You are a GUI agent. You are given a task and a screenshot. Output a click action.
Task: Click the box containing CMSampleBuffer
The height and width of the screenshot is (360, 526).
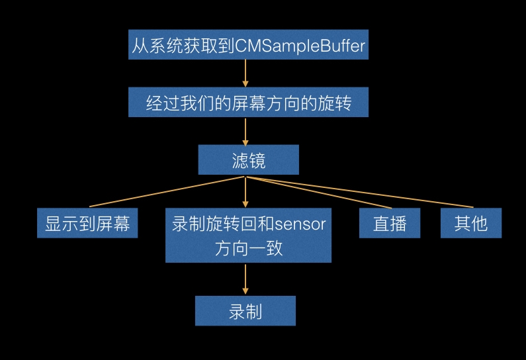248,44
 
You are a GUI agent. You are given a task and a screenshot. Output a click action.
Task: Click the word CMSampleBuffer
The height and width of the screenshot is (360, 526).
300,45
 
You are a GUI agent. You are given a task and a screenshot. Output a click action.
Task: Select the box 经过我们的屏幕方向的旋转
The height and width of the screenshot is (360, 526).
248,103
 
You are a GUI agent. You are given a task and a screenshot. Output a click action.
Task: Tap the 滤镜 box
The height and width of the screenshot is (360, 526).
249,159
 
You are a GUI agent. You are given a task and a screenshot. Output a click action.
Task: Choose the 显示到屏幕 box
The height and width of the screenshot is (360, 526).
87,223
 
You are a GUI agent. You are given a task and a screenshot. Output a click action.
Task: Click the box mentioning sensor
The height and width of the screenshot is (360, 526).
248,235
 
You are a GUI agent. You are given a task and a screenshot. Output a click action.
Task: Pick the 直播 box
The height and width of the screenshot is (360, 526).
390,223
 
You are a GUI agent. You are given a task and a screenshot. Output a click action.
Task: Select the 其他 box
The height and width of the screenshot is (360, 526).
471,223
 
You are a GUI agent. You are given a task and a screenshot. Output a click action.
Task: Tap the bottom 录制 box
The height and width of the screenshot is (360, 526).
245,310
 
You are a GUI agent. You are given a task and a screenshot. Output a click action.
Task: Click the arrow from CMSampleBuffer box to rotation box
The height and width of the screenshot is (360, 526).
245,73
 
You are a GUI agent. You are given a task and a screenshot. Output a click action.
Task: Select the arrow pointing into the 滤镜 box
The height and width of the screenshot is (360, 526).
245,132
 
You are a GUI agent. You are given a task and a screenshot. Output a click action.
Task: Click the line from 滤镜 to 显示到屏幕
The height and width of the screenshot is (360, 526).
167,191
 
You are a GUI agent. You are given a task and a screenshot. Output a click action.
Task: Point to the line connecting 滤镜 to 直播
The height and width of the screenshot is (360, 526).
319,193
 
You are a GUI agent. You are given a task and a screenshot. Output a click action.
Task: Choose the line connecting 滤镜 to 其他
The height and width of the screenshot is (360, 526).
360,192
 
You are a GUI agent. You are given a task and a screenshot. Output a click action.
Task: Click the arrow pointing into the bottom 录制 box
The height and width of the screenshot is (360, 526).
245,279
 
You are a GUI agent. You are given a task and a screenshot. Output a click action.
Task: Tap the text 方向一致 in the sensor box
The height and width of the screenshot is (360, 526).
249,249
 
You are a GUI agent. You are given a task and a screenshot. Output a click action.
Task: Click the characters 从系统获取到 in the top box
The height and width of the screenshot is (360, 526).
183,46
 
